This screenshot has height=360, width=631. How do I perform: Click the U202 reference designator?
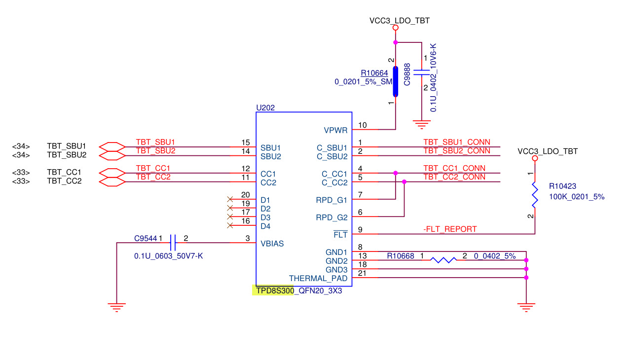pos(265,108)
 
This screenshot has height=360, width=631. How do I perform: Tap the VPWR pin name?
pos(335,130)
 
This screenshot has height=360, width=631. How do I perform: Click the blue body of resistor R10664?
pos(396,82)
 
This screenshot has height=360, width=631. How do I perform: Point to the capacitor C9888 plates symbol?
pos(422,72)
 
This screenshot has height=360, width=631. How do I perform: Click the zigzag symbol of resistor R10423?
pos(535,195)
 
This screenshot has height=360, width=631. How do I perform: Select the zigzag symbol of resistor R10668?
pos(444,260)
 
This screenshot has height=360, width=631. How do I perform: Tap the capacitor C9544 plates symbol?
pos(173,243)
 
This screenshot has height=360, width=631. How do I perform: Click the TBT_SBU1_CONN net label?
pos(457,142)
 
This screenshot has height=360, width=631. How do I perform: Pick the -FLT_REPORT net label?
pos(450,229)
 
